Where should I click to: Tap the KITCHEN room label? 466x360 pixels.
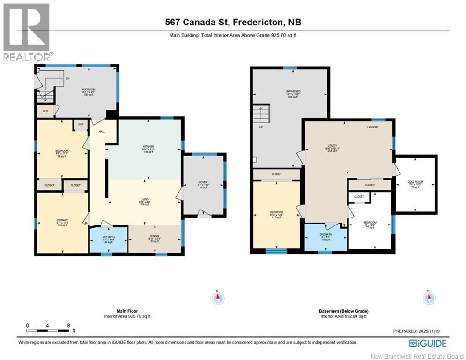(148, 147)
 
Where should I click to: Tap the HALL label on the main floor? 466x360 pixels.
(101, 132)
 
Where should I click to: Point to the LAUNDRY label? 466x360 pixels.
(373, 127)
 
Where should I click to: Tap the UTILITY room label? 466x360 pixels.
(333, 146)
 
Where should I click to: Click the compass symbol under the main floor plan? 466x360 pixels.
(217, 298)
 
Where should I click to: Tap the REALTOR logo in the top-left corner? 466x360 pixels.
(27, 32)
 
